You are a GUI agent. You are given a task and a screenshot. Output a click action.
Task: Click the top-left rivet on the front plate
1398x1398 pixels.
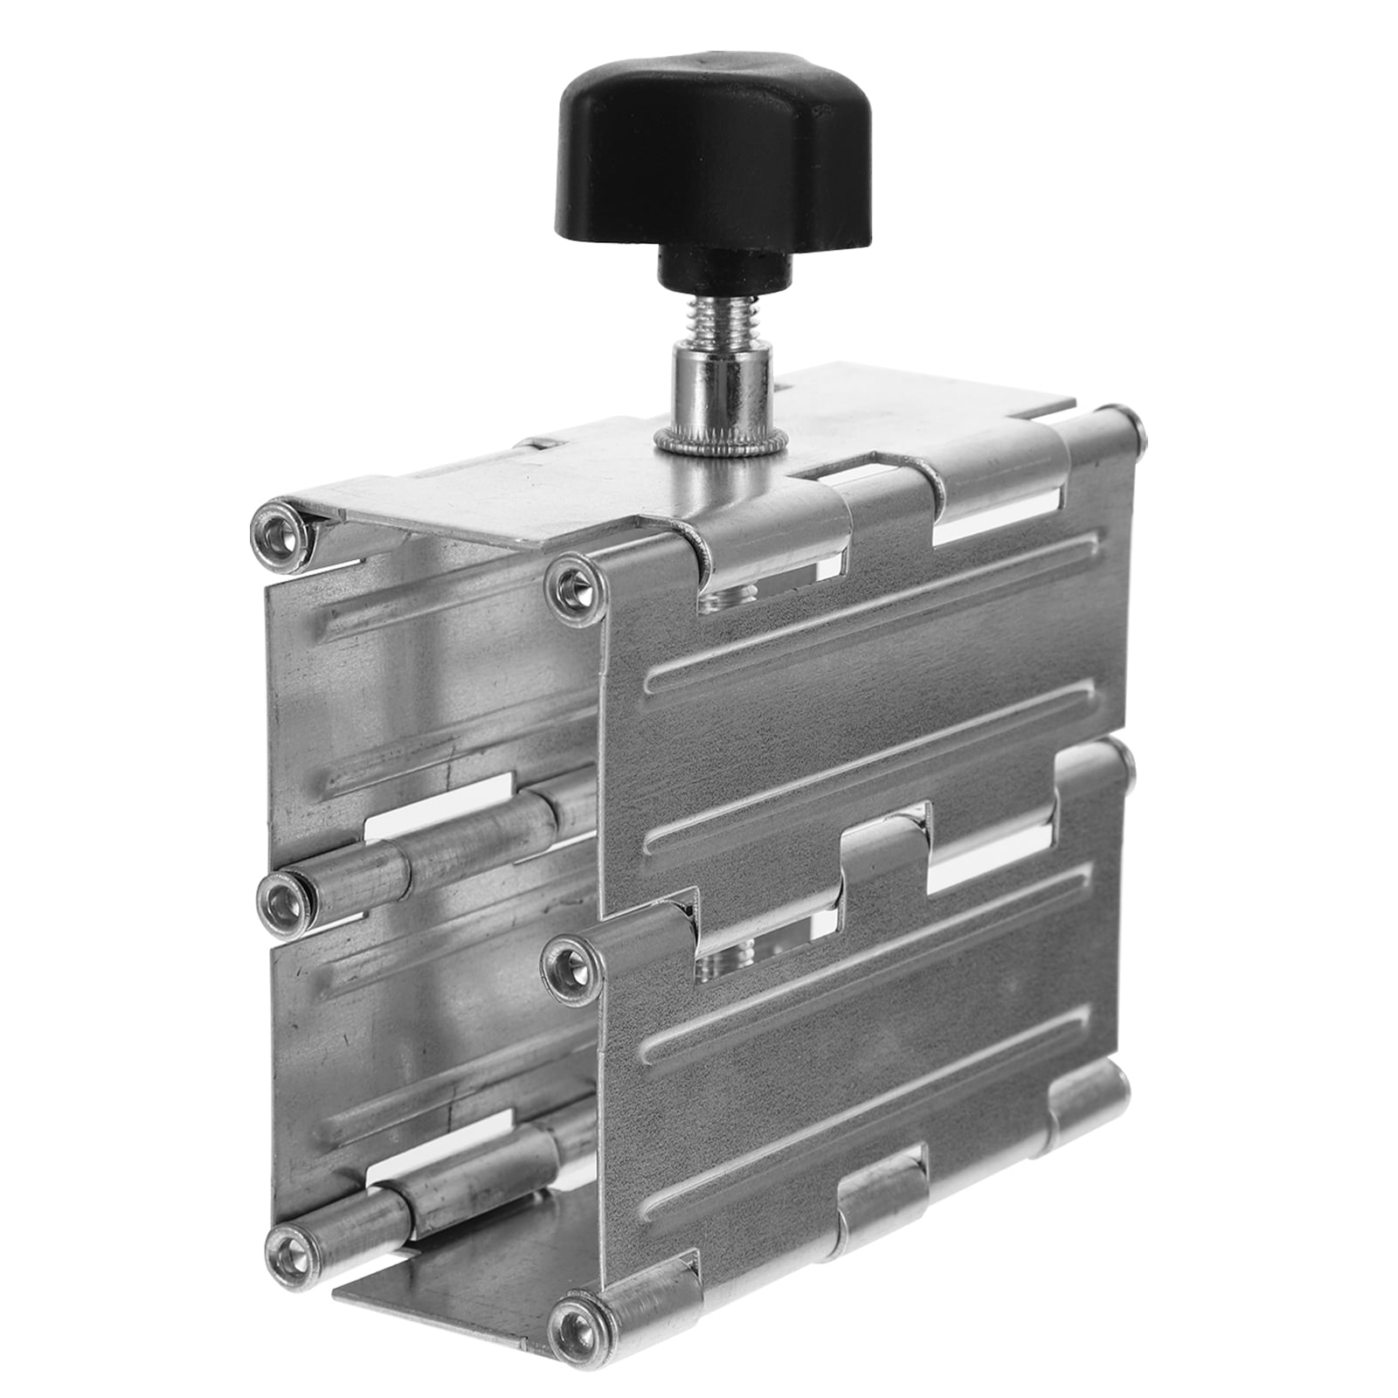click(573, 581)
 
